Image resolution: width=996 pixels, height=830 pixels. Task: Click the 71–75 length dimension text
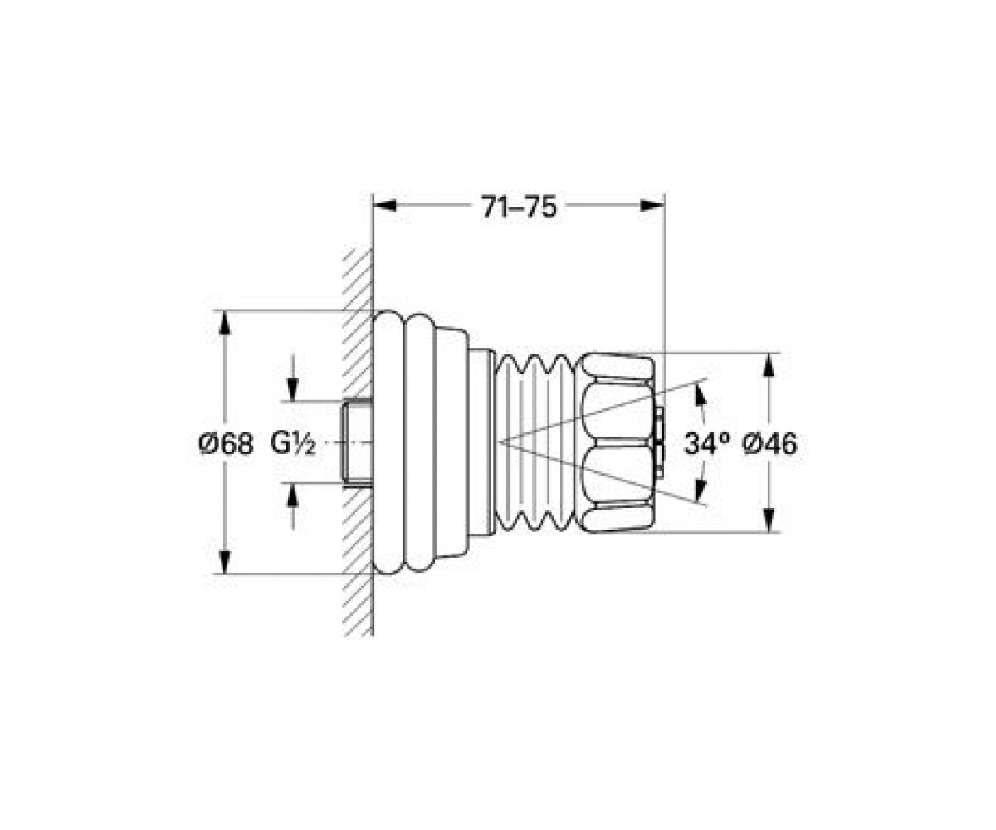(x=519, y=207)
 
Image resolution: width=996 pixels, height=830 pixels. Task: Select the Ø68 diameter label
(x=226, y=445)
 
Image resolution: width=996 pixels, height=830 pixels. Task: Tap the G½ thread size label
(x=293, y=443)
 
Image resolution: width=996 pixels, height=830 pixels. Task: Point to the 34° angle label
(x=707, y=443)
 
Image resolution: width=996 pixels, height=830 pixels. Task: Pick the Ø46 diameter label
(x=769, y=444)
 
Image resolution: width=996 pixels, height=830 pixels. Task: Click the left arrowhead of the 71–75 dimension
(x=384, y=206)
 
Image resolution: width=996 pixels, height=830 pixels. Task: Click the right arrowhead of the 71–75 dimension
(x=652, y=206)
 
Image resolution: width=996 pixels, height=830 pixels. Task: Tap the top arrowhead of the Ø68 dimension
(x=225, y=323)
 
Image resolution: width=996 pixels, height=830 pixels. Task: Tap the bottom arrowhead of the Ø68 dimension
(x=225, y=563)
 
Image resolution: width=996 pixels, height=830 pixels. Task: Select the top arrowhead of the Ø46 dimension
(x=768, y=364)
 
